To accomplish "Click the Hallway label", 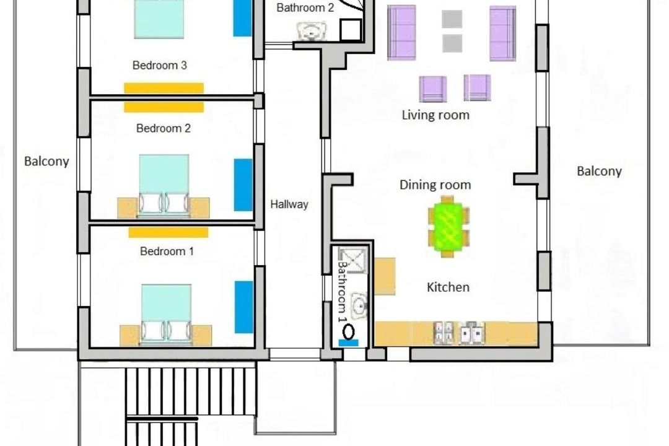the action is pos(289,204).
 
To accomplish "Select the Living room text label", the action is pos(435,115).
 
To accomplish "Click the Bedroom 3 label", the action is pos(160,65).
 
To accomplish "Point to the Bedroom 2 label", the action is pos(164,128).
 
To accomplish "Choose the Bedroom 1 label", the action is pos(167,251).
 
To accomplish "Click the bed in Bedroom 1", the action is pos(166,315).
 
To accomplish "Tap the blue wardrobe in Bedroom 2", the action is pos(243,185).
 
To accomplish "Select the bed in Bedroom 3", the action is pos(159,19).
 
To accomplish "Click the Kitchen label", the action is pos(448,287).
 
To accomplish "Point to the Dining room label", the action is pos(435,185).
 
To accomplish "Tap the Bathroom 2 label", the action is pos(305,7).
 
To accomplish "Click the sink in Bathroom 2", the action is pos(312,31).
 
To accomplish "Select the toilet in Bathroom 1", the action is pos(349,332).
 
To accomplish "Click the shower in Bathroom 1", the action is pos(352,260).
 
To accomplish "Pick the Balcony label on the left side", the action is pos(46,161).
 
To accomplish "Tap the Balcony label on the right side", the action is pos(599,171).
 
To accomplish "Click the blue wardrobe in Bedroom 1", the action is pos(244,307).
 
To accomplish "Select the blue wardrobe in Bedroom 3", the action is pos(242,18).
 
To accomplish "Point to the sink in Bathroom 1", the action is pos(359,305).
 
